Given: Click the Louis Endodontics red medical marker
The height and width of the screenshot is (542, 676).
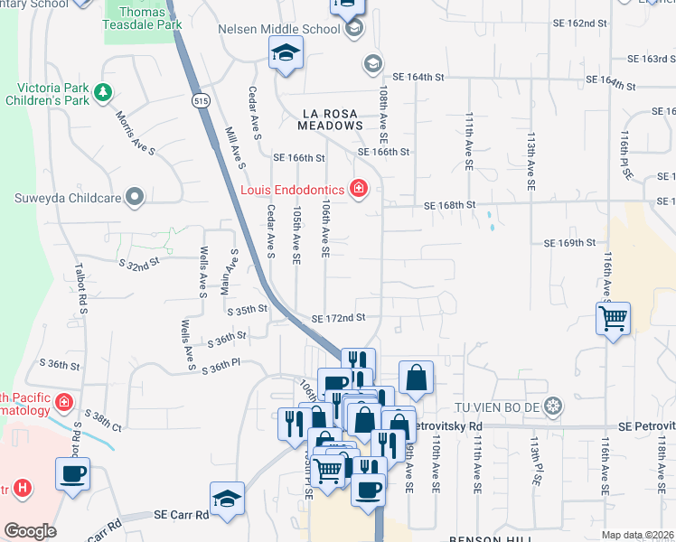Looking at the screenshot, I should (359, 189).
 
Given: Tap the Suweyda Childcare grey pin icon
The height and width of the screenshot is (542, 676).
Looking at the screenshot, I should (135, 196).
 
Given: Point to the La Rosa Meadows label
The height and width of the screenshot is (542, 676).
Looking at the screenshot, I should (331, 119).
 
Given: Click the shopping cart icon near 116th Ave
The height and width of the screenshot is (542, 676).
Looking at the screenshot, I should (613, 318).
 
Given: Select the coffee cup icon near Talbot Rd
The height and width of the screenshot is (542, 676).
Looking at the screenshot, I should (72, 472).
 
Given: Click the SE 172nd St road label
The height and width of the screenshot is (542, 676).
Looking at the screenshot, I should (338, 318).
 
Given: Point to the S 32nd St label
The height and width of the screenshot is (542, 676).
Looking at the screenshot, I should (139, 263).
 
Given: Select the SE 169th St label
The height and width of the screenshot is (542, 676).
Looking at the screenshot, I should (569, 243).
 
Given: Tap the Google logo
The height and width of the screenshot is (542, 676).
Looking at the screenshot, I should (30, 531).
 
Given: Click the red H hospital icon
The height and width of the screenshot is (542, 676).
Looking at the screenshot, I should (23, 489).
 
